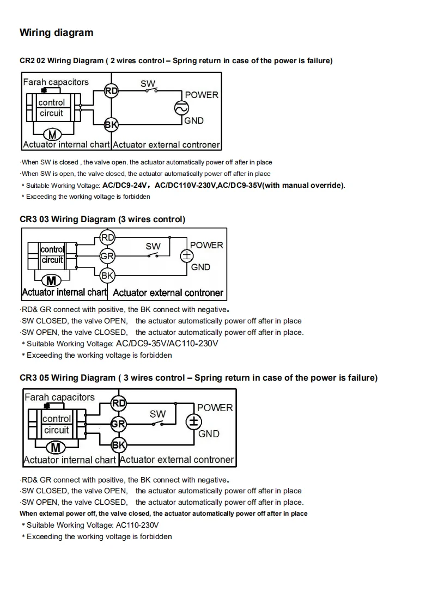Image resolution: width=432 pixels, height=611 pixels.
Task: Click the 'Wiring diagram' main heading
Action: (56, 33)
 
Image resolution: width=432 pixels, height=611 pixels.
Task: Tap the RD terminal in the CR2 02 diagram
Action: (111, 91)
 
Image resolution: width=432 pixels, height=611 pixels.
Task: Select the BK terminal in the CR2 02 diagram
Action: (111, 125)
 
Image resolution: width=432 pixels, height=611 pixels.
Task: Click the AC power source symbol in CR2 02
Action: (181, 108)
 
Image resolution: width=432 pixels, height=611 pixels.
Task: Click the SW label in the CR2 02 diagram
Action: (148, 83)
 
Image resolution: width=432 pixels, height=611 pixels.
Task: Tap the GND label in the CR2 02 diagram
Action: (193, 121)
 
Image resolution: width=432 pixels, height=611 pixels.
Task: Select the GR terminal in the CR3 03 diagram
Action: (107, 256)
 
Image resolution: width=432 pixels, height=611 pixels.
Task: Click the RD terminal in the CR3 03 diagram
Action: (108, 237)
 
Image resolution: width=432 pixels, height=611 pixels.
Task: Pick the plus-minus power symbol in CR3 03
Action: (187, 256)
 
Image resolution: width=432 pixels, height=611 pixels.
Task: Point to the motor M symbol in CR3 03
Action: (52, 281)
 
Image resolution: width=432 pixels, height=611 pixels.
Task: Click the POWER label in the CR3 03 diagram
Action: (206, 245)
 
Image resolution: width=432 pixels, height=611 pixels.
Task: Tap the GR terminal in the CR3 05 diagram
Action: (118, 424)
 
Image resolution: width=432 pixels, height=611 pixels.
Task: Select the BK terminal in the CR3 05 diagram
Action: (118, 445)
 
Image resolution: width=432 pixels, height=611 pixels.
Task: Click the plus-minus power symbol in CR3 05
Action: (194, 421)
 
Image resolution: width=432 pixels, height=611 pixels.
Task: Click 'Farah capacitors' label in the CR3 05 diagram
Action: (59, 398)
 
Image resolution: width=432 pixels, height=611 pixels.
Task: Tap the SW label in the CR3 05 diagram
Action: (157, 414)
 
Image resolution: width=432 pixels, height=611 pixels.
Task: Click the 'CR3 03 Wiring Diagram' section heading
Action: (102, 219)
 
